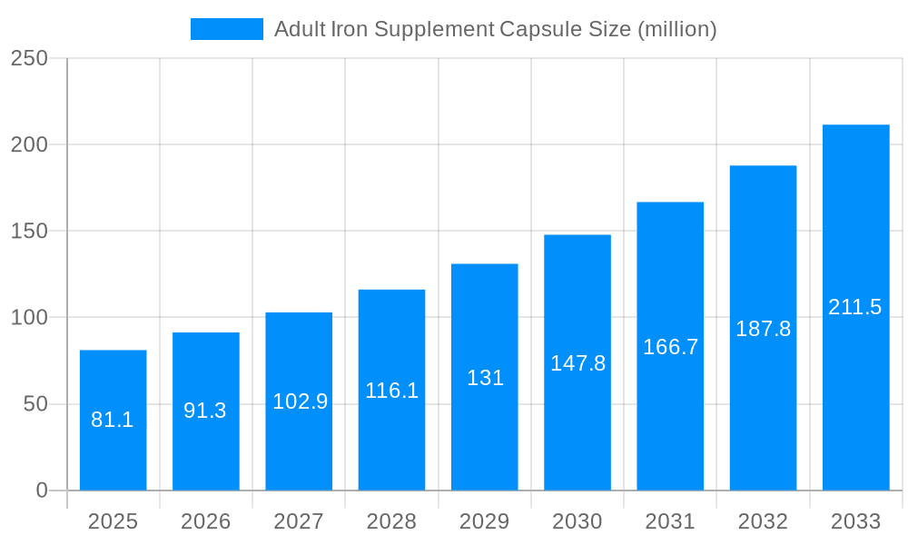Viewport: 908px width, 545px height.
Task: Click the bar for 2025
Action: click(x=113, y=420)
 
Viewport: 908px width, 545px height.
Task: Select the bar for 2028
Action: click(x=391, y=390)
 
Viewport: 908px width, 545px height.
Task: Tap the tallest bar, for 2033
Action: click(x=855, y=307)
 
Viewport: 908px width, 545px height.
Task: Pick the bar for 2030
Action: click(x=577, y=362)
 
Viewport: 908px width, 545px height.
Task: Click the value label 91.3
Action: click(x=205, y=411)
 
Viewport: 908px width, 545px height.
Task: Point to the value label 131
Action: click(x=485, y=378)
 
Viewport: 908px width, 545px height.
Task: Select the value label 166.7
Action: click(x=670, y=347)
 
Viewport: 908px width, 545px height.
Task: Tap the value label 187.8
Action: click(x=763, y=329)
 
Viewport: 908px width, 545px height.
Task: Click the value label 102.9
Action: click(x=300, y=401)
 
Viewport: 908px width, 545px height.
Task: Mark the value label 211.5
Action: click(x=855, y=307)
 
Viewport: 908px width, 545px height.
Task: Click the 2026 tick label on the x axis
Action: click(x=206, y=521)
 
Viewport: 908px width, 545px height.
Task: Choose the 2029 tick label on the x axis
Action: click(x=484, y=521)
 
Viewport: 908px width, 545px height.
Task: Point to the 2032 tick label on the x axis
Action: click(x=763, y=521)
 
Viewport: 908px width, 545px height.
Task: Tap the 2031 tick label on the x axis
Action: click(x=670, y=521)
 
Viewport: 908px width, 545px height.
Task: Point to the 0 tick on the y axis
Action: click(x=42, y=490)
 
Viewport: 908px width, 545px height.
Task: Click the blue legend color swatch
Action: click(x=226, y=29)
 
